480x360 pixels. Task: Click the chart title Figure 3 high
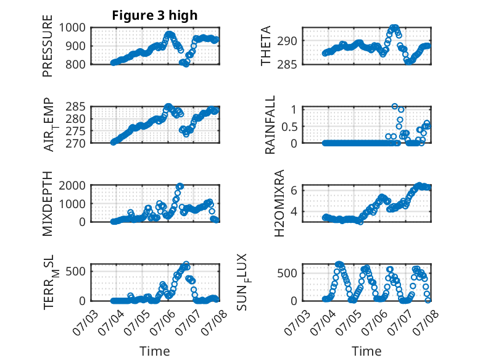pyautogui.click(x=155, y=15)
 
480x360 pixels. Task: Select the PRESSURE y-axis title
pyautogui.click(x=48, y=46)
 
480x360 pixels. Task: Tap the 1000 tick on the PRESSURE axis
pyautogui.click(x=72, y=28)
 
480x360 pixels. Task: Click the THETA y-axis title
pyautogui.click(x=266, y=46)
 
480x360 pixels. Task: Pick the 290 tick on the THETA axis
pyautogui.click(x=287, y=41)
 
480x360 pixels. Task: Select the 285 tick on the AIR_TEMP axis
pyautogui.click(x=75, y=107)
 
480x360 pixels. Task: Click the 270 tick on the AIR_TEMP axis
pyautogui.click(x=75, y=143)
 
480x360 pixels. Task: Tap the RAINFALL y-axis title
pyautogui.click(x=270, y=125)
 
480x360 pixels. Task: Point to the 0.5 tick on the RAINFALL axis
pyautogui.click(x=289, y=126)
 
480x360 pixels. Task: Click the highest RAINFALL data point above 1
pyautogui.click(x=395, y=106)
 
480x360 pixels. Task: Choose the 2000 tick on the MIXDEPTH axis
pyautogui.click(x=72, y=185)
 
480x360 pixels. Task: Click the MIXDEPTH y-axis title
pyautogui.click(x=48, y=204)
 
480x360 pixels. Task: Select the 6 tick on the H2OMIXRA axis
pyautogui.click(x=294, y=191)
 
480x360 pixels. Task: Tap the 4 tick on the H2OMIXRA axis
pyautogui.click(x=294, y=211)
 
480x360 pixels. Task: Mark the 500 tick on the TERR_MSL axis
pyautogui.click(x=75, y=271)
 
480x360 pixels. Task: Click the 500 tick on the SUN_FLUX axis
pyautogui.click(x=287, y=274)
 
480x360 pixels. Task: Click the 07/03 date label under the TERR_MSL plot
pyautogui.click(x=85, y=323)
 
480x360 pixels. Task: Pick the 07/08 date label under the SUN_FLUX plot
pyautogui.click(x=426, y=323)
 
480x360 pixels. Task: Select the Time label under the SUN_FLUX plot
pyautogui.click(x=366, y=351)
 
